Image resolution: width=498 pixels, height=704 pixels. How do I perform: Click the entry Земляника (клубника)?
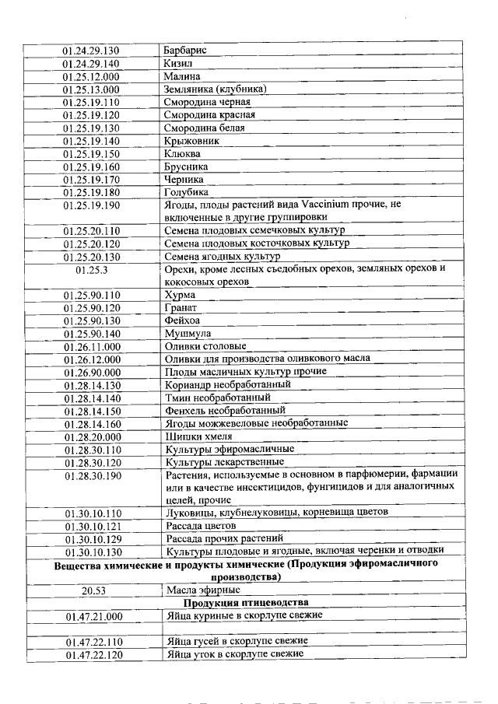pyautogui.click(x=216, y=89)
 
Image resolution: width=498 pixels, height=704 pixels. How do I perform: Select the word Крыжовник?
pyautogui.click(x=191, y=141)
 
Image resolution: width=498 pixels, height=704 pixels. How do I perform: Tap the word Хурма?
pyautogui.click(x=180, y=295)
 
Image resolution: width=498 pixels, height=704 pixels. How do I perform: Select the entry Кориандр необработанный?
pyautogui.click(x=227, y=384)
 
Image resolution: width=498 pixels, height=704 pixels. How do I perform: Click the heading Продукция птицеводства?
pyautogui.click(x=246, y=603)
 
